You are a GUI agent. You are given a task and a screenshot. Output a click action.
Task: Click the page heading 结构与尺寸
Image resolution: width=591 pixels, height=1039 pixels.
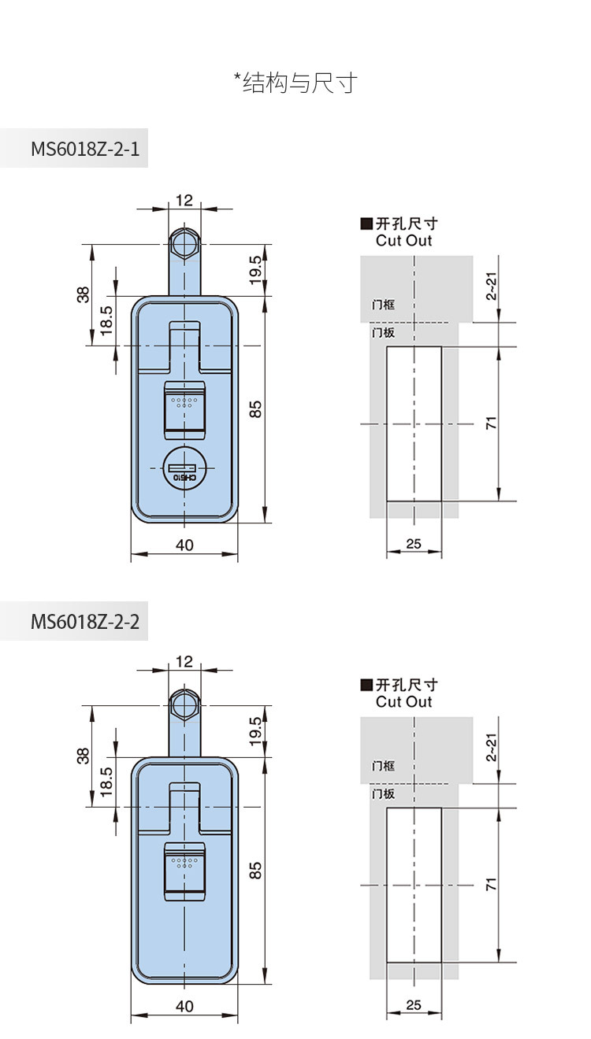pos(300,83)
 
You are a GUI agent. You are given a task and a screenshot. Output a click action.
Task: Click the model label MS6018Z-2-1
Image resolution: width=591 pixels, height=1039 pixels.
pos(85,150)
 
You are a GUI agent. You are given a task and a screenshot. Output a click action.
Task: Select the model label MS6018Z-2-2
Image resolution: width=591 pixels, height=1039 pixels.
pos(85,622)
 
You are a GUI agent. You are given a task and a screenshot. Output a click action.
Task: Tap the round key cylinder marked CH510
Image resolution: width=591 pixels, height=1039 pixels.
pos(184,469)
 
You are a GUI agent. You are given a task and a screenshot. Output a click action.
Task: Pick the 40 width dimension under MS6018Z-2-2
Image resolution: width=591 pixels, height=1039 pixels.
pos(184,1006)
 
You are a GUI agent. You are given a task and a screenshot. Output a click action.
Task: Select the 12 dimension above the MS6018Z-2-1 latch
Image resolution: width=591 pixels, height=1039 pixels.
pos(184,201)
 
